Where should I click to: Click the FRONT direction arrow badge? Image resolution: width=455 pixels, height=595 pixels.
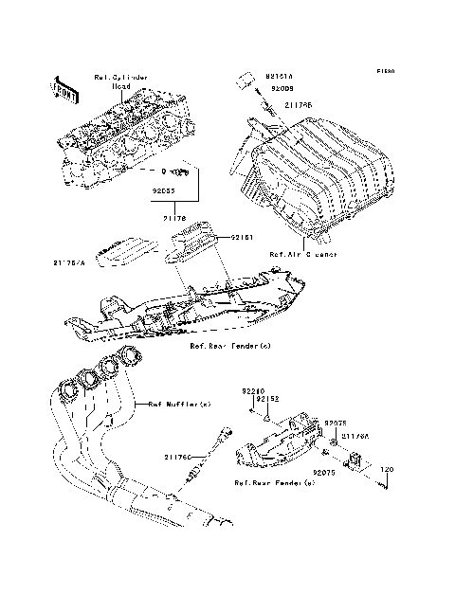pos(64,87)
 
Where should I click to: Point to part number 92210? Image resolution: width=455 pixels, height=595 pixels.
pos(250,390)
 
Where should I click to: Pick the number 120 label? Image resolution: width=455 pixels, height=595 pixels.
pos(386,470)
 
